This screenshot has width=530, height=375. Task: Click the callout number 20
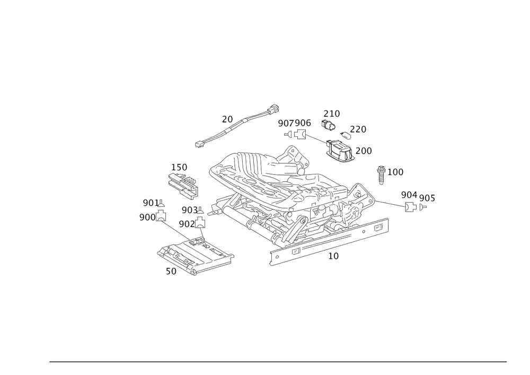227,120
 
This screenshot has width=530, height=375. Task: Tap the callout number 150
179,167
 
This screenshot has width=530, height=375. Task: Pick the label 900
147,217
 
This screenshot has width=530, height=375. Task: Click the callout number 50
171,271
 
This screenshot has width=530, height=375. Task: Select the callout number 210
332,114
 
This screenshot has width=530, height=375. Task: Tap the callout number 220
359,128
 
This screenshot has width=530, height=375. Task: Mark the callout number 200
364,151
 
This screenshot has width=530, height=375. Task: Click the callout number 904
409,195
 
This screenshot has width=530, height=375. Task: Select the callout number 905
427,198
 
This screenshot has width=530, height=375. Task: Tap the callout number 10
333,256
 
